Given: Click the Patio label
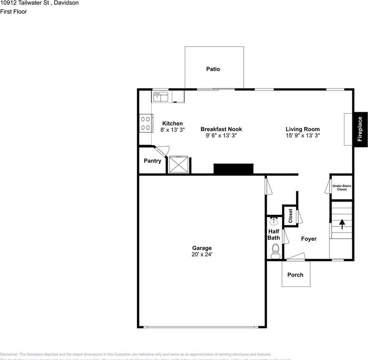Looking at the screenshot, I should (213, 69).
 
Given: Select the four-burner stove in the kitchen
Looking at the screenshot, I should (145, 123).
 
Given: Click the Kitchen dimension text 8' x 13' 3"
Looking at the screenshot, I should (172, 130).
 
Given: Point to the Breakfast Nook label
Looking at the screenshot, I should (221, 129).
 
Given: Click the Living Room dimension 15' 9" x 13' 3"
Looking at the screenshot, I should (302, 135).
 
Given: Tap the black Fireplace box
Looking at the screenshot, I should (360, 129).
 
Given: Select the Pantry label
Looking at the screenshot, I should (153, 161).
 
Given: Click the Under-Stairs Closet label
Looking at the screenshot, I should (341, 187).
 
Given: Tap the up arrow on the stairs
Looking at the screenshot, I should (342, 224).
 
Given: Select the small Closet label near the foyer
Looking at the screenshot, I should (290, 216).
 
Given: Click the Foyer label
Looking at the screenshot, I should (309, 239).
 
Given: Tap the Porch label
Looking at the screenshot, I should (295, 275).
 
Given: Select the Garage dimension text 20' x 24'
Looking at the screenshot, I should (202, 254).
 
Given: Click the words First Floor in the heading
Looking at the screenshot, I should (13, 12).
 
